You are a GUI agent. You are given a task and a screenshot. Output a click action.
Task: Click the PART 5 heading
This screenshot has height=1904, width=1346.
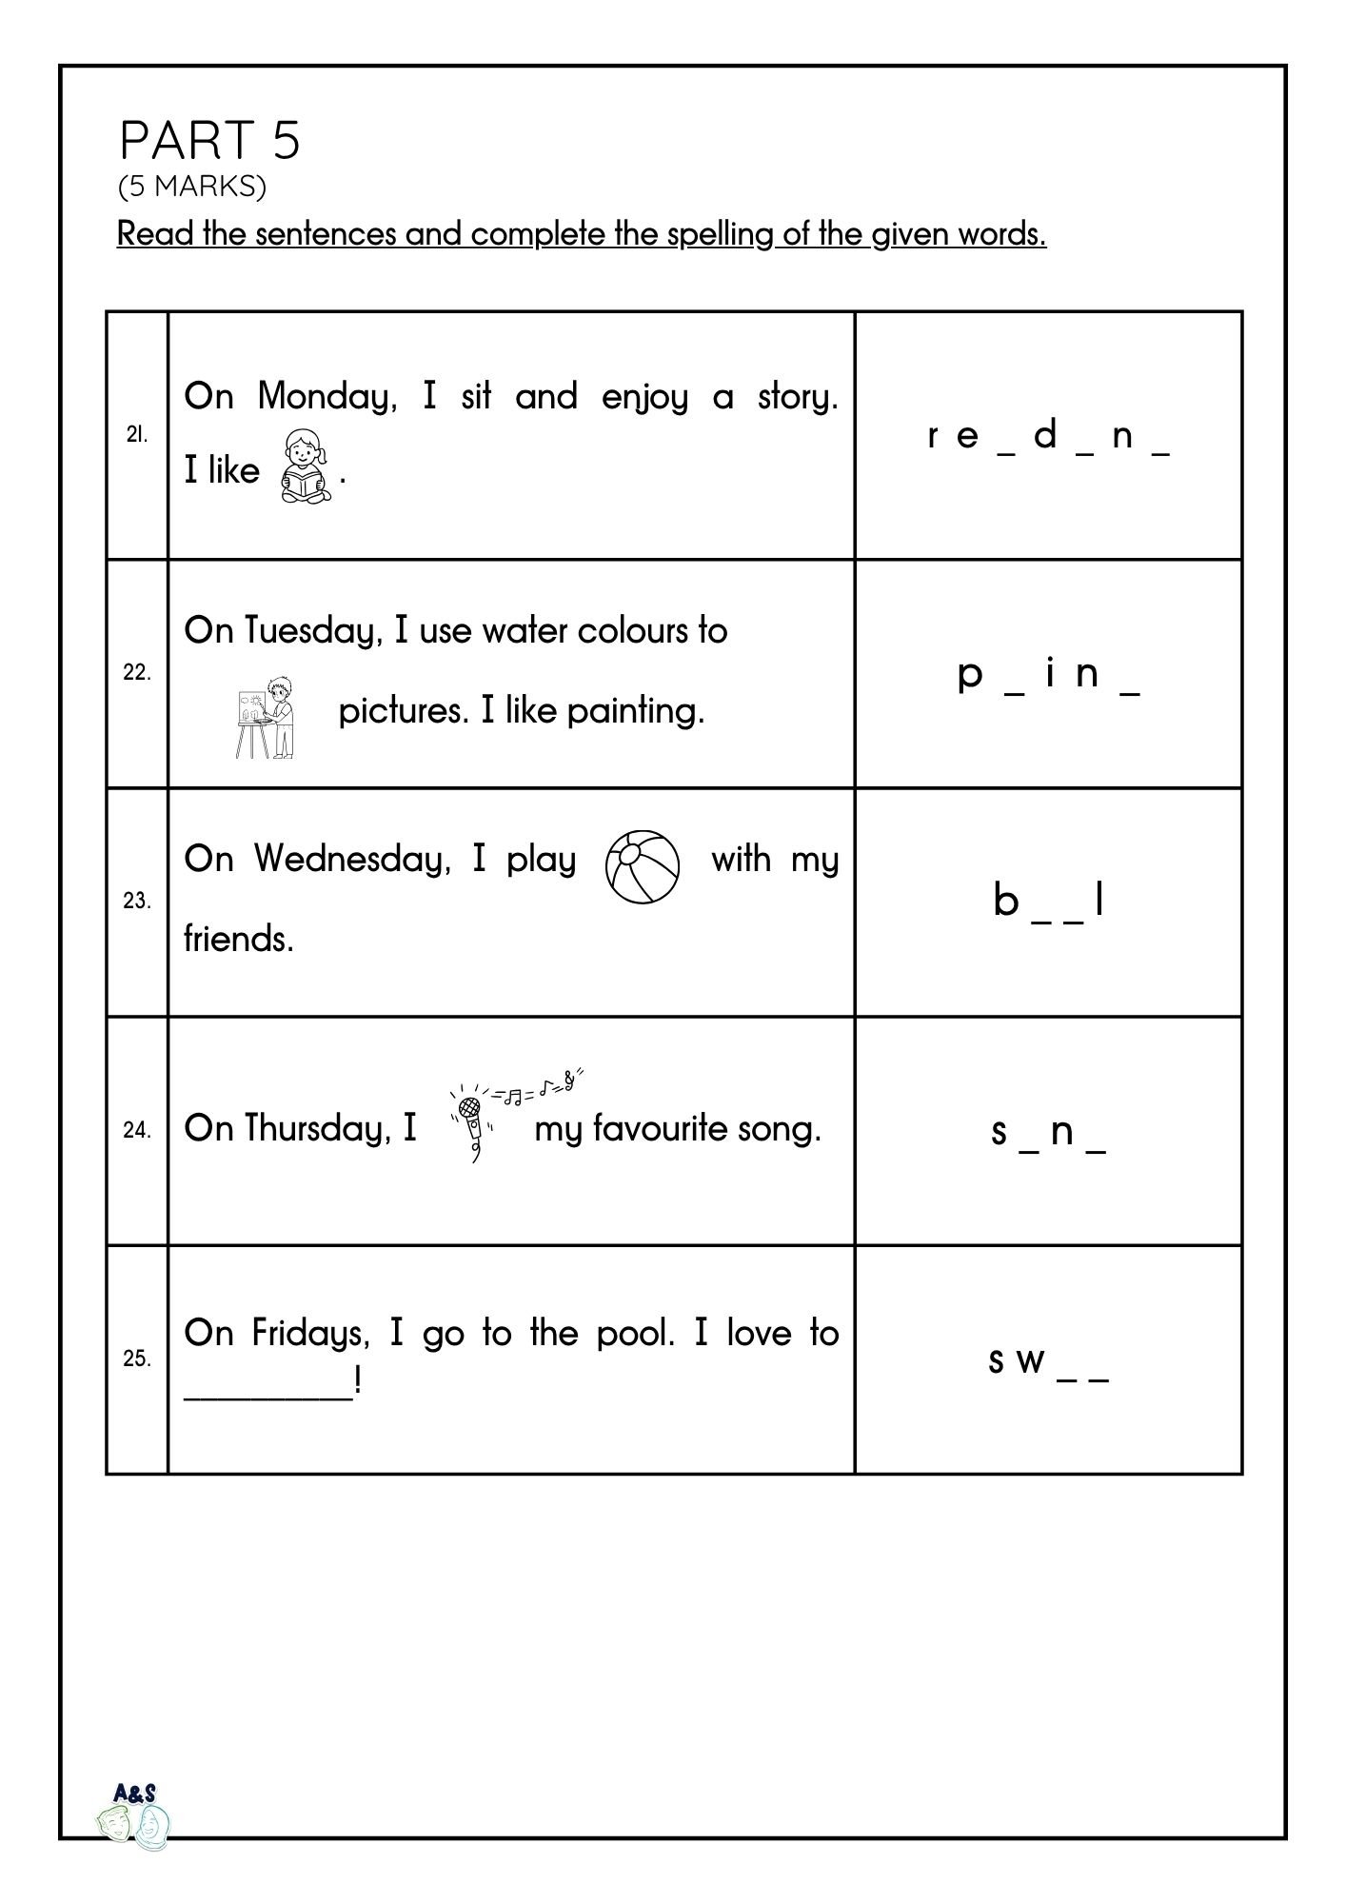209,140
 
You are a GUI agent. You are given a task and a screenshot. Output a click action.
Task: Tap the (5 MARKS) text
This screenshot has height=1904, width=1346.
191,187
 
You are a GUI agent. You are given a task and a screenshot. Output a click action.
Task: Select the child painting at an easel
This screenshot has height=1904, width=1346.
266,717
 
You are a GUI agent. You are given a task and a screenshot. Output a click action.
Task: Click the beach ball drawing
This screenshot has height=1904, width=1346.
643,865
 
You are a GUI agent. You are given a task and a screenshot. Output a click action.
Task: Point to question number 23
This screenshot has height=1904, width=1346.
137,901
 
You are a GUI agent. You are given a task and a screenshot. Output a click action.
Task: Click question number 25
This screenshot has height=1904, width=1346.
137,1359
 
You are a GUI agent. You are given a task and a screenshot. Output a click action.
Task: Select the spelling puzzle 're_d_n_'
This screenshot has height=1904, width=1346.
1048,436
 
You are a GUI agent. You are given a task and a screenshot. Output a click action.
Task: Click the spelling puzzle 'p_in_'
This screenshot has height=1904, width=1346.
1048,674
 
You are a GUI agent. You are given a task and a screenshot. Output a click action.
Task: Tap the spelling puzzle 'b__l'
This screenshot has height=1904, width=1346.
1048,901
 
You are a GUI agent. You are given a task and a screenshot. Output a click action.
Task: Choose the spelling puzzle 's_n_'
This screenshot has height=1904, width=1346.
1048,1131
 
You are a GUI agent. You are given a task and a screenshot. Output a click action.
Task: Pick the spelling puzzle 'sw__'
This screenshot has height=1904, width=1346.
1048,1361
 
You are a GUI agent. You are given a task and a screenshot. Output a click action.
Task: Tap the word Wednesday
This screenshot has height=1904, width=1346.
351,859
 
